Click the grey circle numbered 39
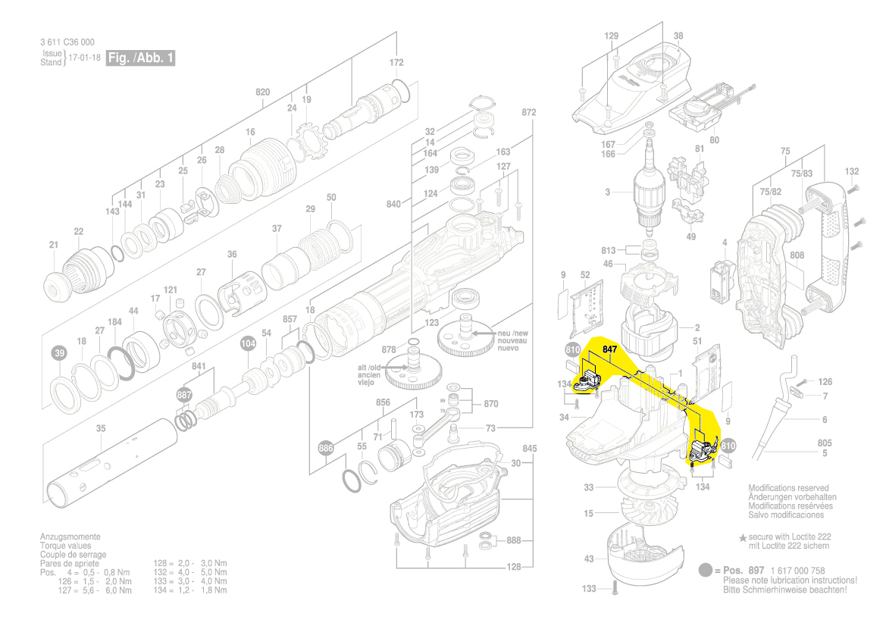59,353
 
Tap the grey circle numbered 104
248,343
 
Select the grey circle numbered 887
185,396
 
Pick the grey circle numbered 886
326,447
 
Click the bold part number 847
611,349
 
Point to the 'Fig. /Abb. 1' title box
140,58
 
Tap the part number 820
262,92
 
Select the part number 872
529,113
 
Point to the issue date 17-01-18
84,58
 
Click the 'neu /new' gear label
512,333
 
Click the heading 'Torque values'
65,546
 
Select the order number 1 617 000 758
797,571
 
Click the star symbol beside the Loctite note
743,537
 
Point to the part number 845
529,449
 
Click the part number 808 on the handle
797,256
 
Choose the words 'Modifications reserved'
788,488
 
